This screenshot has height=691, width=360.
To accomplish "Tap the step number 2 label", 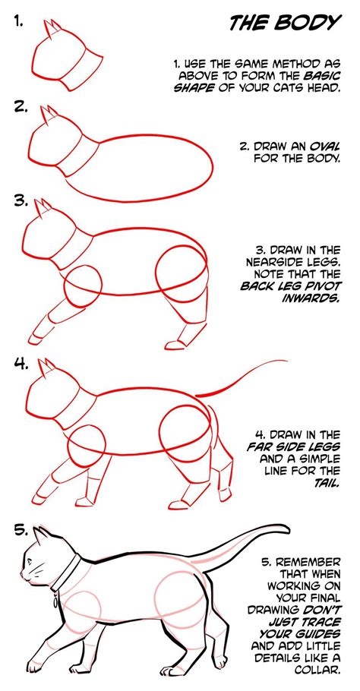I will pos(21,106).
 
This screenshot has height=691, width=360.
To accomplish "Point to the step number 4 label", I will pos(21,363).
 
